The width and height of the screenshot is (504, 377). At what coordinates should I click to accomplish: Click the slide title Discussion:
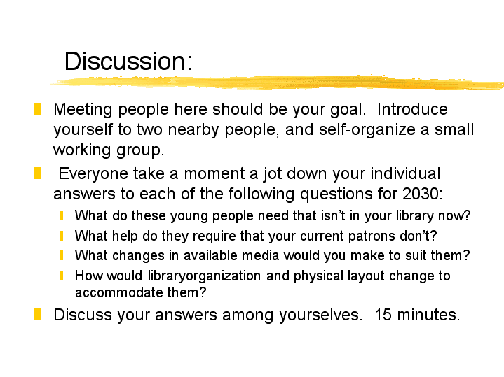[x=128, y=61]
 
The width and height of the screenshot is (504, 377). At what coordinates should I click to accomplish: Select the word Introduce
[x=412, y=109]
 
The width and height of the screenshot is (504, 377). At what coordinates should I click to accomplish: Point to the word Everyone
[x=93, y=174]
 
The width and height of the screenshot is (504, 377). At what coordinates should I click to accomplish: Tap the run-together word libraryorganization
[x=204, y=276]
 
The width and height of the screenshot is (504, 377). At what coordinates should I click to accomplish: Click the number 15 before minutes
[x=383, y=315]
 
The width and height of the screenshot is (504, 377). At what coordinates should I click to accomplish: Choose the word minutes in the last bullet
[x=428, y=315]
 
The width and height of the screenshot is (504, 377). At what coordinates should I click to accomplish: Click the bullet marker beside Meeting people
[x=37, y=109]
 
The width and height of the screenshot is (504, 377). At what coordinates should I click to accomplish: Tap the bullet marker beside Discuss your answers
[x=37, y=315]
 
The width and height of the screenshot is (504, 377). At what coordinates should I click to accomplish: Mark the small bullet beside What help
[x=62, y=236]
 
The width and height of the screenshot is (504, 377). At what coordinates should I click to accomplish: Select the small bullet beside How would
[x=62, y=276]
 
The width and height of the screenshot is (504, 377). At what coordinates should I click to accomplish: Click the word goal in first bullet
[x=348, y=110]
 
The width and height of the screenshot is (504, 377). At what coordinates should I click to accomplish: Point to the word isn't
[x=333, y=215]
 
